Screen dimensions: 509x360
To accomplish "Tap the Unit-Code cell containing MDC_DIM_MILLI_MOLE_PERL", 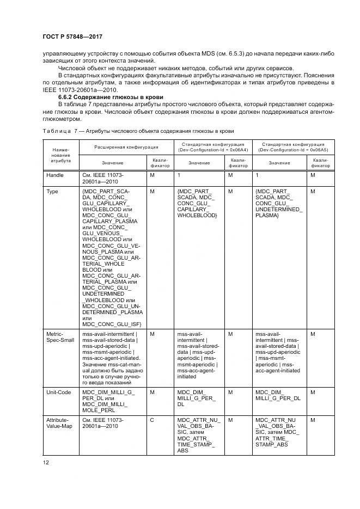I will pyautogui.click(x=105, y=402).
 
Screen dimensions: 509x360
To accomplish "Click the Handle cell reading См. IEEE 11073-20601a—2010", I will pyautogui.click(x=106, y=179).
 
